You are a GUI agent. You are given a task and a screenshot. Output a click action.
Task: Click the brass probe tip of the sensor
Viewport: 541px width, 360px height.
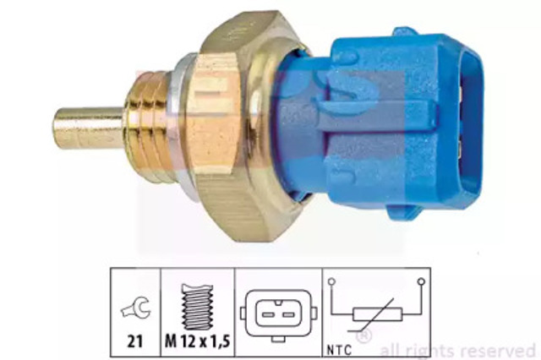click(x=88, y=128)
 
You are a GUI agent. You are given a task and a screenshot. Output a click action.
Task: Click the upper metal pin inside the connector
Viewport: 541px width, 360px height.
click(x=462, y=92)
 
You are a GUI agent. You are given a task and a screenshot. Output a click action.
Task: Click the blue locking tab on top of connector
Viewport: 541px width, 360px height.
click(x=404, y=31)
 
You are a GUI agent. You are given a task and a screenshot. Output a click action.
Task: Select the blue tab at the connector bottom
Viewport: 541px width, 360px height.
click(x=402, y=212)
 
